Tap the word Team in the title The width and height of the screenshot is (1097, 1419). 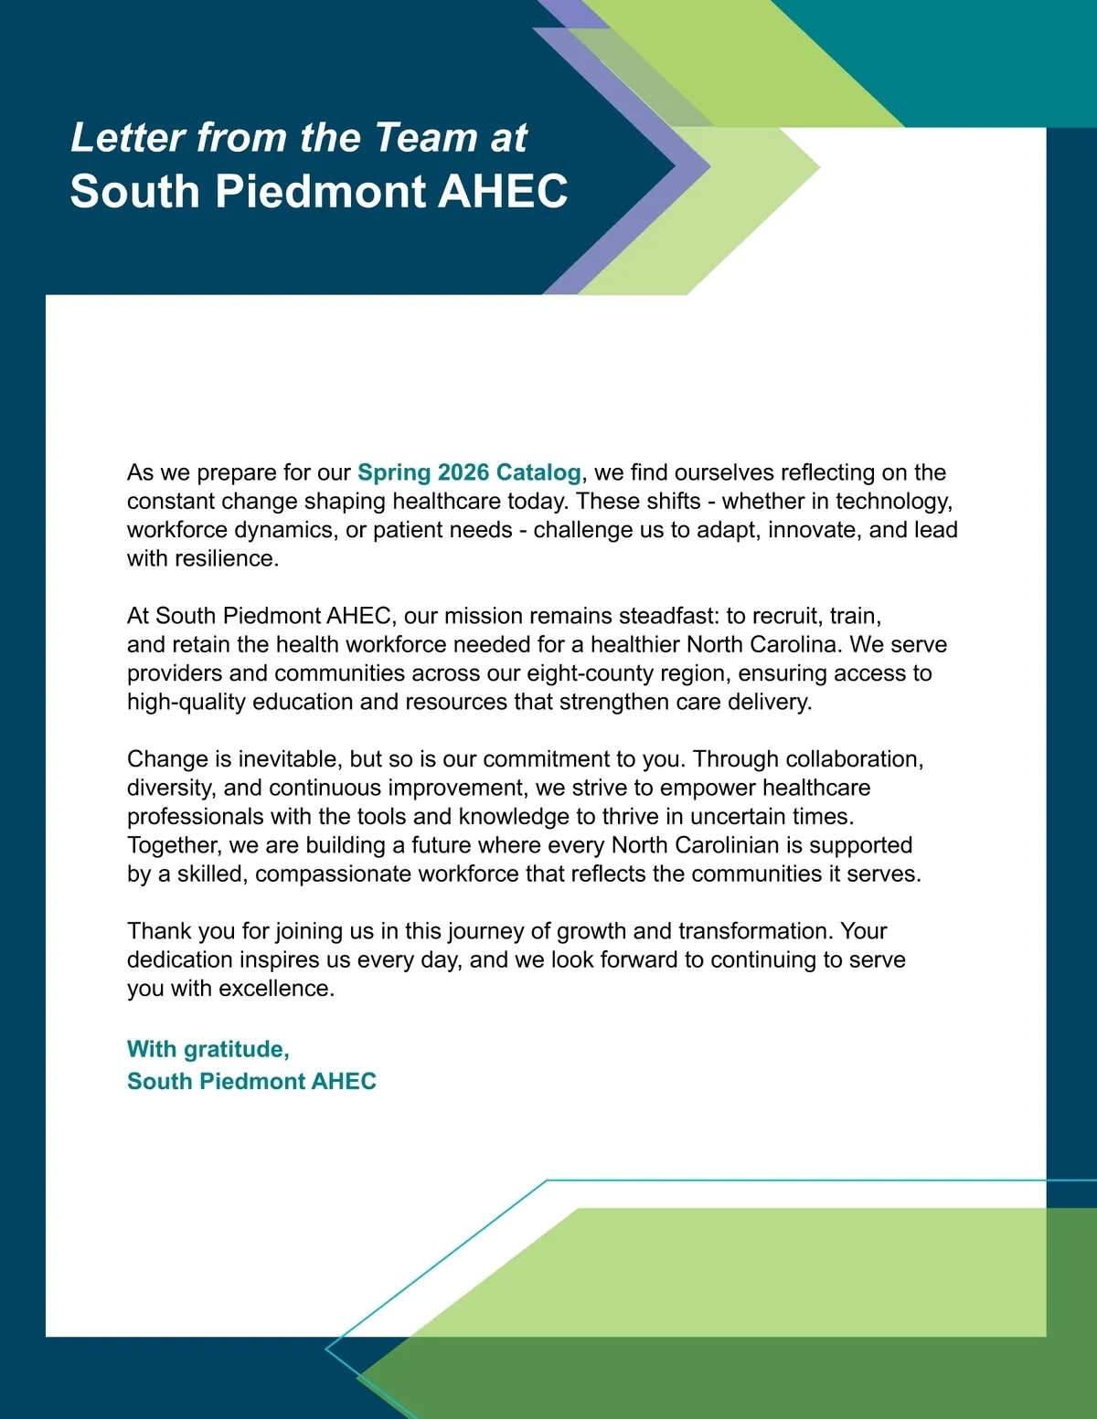pyautogui.click(x=425, y=138)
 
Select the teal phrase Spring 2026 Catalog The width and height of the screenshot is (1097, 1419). pyautogui.click(x=469, y=472)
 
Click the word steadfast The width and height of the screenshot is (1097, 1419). pyautogui.click(x=668, y=616)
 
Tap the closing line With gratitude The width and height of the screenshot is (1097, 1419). pyautogui.click(x=208, y=1049)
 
